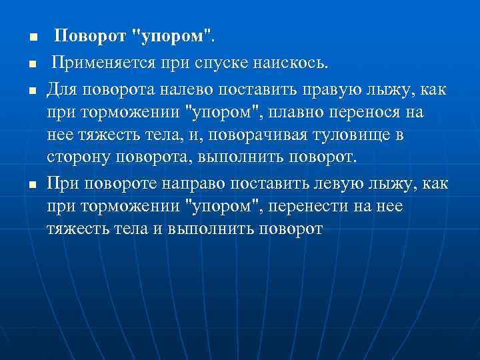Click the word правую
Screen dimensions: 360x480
[x=321, y=89]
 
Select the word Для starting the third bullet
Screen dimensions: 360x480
[x=61, y=89]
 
